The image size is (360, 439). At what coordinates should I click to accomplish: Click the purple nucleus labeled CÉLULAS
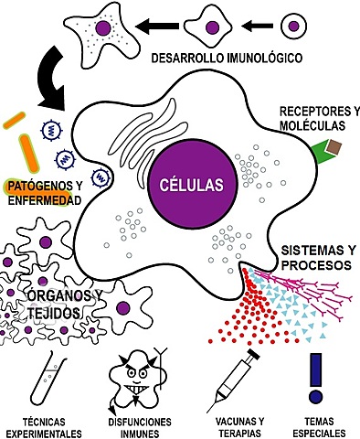click(x=192, y=184)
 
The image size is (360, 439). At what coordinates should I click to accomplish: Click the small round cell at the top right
click(x=293, y=27)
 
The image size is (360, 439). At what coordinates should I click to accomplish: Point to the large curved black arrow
click(x=50, y=80)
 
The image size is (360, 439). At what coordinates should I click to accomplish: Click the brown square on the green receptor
click(x=334, y=148)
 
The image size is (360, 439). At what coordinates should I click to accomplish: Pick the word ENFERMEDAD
click(x=45, y=200)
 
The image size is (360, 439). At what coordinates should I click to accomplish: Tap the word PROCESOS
click(x=316, y=265)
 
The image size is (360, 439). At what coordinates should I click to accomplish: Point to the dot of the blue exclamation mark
click(x=315, y=397)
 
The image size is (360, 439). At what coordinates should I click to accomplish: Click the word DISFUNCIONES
click(x=140, y=422)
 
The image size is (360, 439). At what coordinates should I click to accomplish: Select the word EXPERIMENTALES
click(x=44, y=434)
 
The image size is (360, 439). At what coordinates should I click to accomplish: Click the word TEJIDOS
click(x=54, y=313)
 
